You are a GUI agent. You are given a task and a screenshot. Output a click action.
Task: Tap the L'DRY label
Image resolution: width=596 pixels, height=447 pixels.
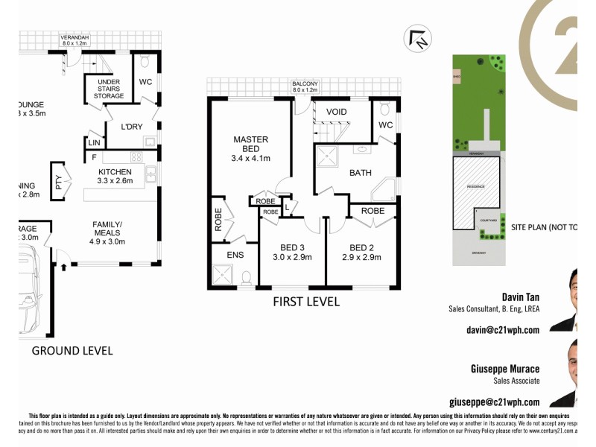[131, 127]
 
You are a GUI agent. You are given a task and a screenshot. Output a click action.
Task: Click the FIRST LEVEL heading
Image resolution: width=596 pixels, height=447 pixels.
[306, 302]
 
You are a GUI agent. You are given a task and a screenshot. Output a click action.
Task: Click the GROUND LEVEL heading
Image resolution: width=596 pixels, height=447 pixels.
[72, 350]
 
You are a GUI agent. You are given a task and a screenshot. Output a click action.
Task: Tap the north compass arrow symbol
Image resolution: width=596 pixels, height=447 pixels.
[416, 39]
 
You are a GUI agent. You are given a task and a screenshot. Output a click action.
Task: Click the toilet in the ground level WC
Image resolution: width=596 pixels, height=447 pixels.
[145, 60]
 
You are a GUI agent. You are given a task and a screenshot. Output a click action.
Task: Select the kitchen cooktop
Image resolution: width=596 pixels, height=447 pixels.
[136, 156]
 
